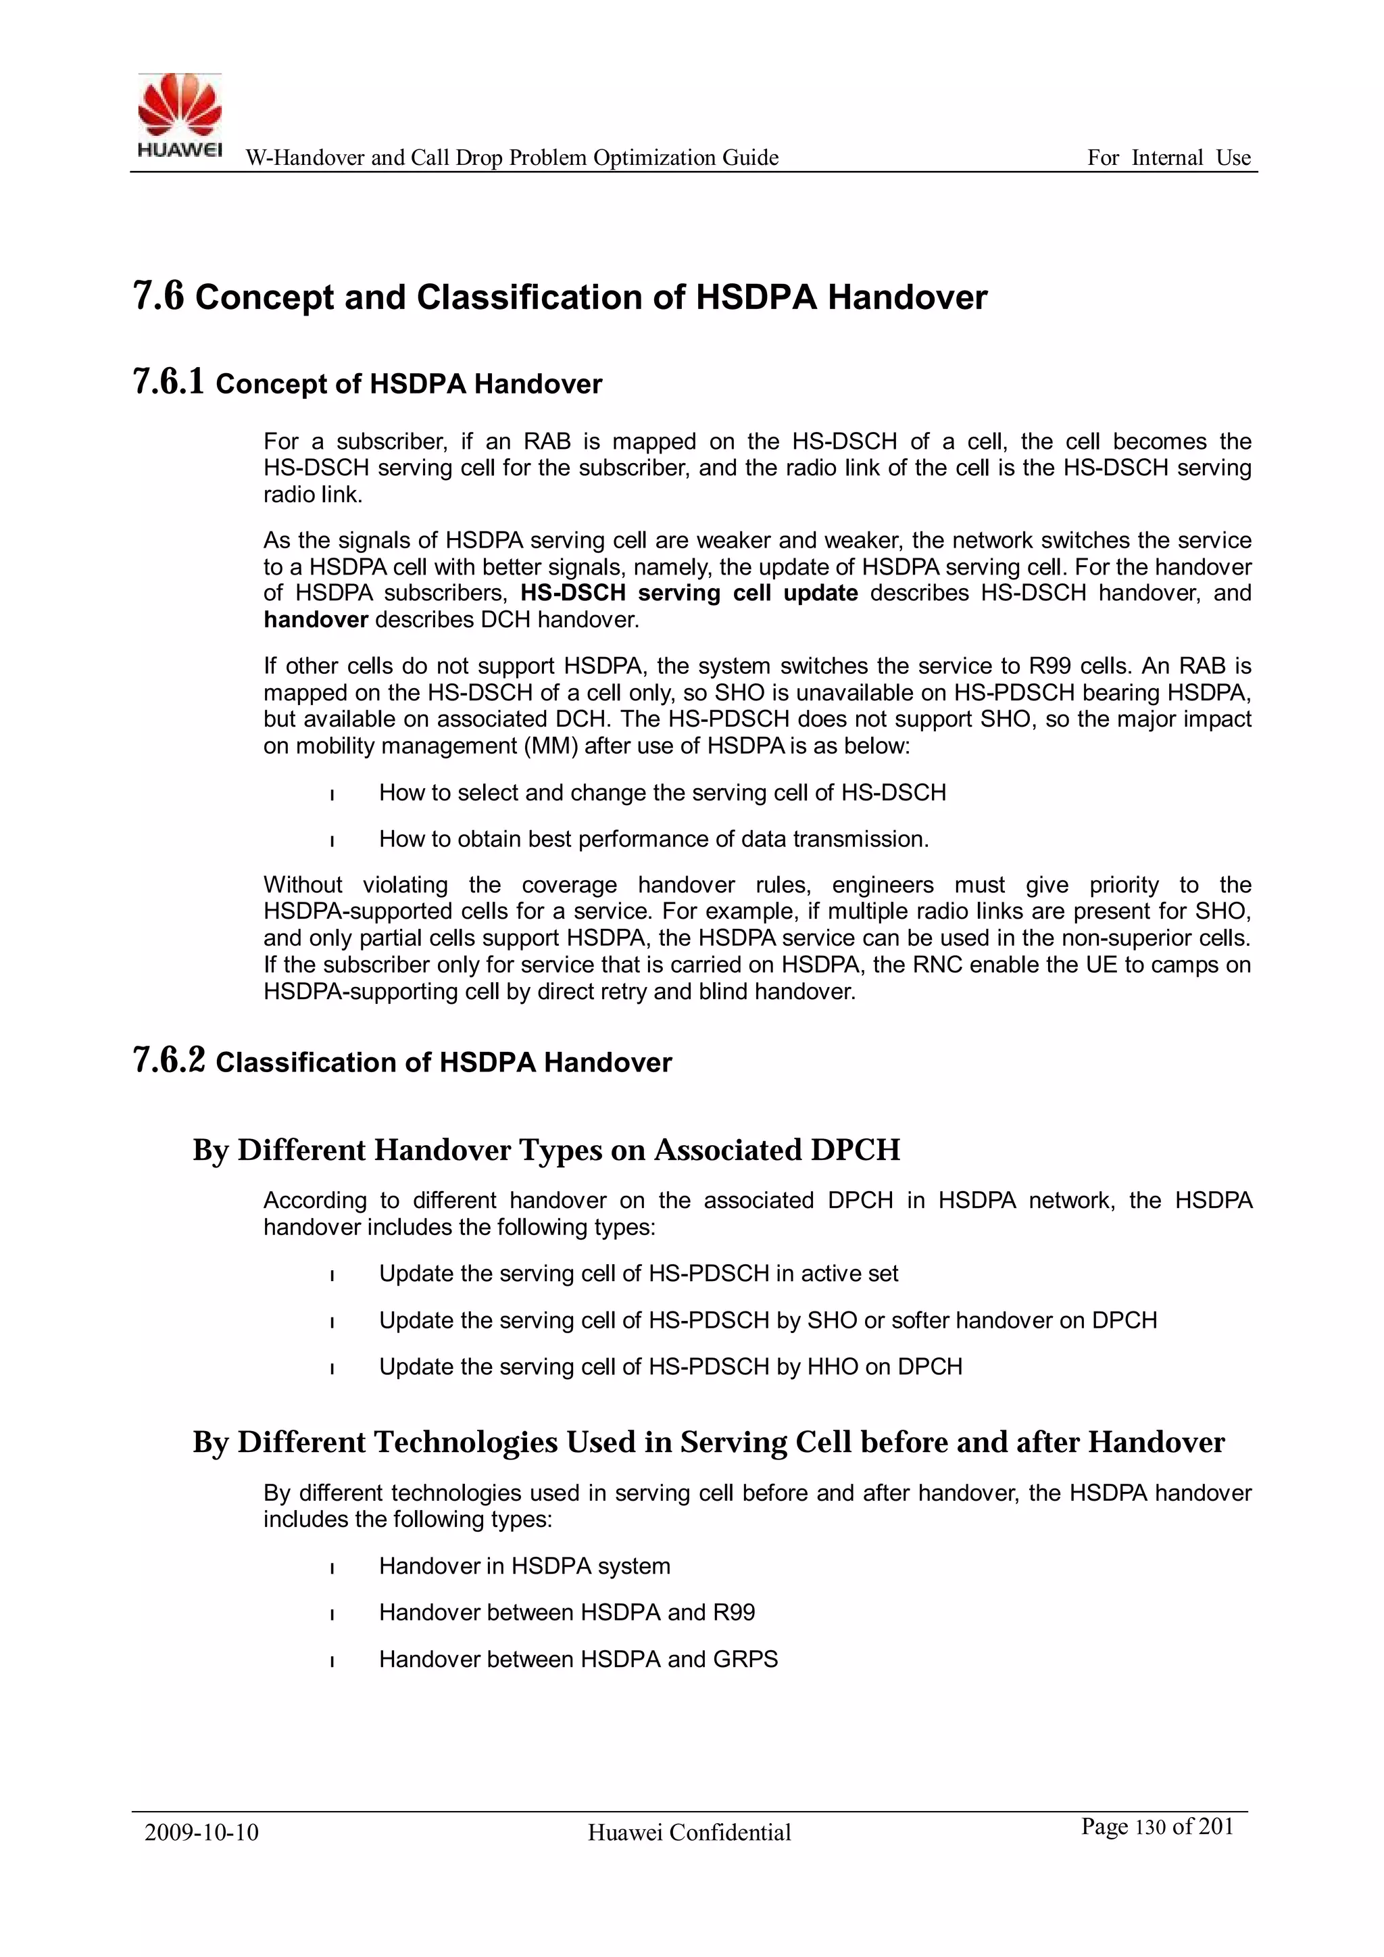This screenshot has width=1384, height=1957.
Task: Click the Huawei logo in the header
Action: (180, 116)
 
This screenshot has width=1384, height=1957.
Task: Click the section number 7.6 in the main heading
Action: (159, 297)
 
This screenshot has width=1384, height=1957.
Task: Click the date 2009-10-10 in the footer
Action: (201, 1832)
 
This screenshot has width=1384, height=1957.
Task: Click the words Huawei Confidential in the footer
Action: (689, 1832)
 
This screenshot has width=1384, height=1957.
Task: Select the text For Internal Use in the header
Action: (1168, 158)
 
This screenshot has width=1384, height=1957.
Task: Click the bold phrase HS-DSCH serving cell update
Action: (689, 594)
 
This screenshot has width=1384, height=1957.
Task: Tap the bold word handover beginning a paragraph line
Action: (316, 620)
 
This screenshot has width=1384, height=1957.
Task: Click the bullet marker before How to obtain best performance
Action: (332, 841)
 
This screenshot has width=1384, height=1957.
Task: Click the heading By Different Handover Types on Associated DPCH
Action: (545, 1150)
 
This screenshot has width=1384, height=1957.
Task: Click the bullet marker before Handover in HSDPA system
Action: (332, 1568)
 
